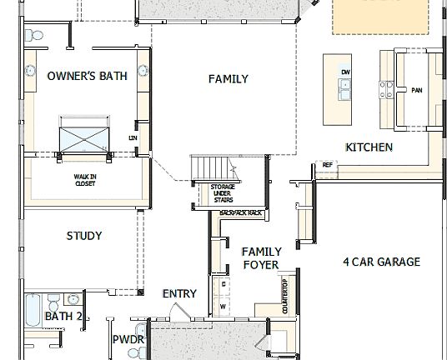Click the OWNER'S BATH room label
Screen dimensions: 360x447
coord(87,76)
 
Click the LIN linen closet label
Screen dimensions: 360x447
coord(132,137)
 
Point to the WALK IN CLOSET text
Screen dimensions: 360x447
coord(85,180)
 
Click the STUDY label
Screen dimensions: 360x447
coord(83,236)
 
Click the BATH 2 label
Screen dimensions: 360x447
coord(64,317)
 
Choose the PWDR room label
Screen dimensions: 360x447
coord(128,340)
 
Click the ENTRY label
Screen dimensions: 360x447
coord(179,293)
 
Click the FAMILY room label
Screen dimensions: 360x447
coord(228,79)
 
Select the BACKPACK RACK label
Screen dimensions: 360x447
coord(241,213)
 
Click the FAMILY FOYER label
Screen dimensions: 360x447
coord(261,258)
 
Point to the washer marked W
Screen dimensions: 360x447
coord(223,307)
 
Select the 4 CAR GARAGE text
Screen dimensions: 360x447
coord(381,262)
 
